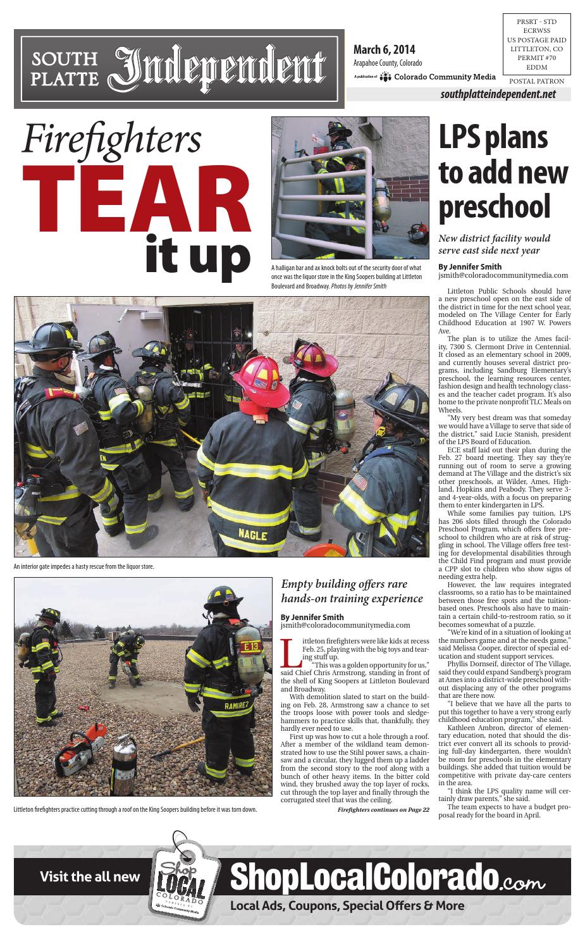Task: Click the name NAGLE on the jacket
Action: (x=252, y=535)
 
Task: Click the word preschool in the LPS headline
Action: (x=495, y=207)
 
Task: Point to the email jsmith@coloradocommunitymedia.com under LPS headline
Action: (x=503, y=276)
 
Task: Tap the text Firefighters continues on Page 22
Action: (x=383, y=809)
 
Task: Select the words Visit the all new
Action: (x=90, y=876)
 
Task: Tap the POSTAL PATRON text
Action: (x=536, y=82)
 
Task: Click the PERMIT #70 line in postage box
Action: (x=536, y=58)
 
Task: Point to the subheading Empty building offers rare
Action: (x=344, y=584)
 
